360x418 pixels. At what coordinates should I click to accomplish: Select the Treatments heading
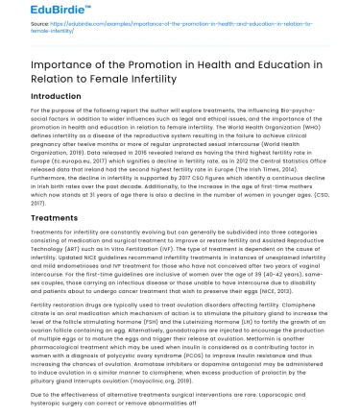click(45, 218)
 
